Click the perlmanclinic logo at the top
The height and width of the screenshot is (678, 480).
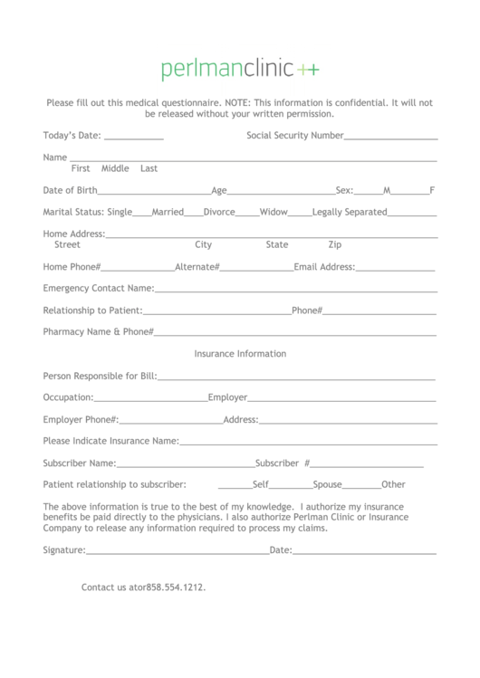(240, 69)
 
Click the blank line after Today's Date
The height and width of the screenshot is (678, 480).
(134, 138)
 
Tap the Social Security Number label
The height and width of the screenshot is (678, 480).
(294, 136)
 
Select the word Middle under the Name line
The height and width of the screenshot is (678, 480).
(115, 168)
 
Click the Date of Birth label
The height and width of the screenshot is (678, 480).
(70, 190)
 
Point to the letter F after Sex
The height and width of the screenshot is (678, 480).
(432, 190)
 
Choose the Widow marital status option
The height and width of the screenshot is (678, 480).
(274, 212)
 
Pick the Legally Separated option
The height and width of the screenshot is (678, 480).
(350, 212)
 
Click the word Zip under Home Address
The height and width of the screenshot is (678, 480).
(335, 244)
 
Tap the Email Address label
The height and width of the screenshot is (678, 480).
(324, 267)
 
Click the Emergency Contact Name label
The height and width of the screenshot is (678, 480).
(99, 289)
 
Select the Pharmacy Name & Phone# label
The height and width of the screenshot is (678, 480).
(99, 331)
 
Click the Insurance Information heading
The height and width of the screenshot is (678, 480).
(240, 354)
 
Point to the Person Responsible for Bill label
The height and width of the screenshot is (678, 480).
(100, 376)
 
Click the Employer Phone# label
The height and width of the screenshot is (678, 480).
(81, 419)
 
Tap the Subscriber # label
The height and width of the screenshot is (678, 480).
(283, 463)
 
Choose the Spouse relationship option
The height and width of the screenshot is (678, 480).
(328, 484)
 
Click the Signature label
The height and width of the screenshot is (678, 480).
(64, 549)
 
